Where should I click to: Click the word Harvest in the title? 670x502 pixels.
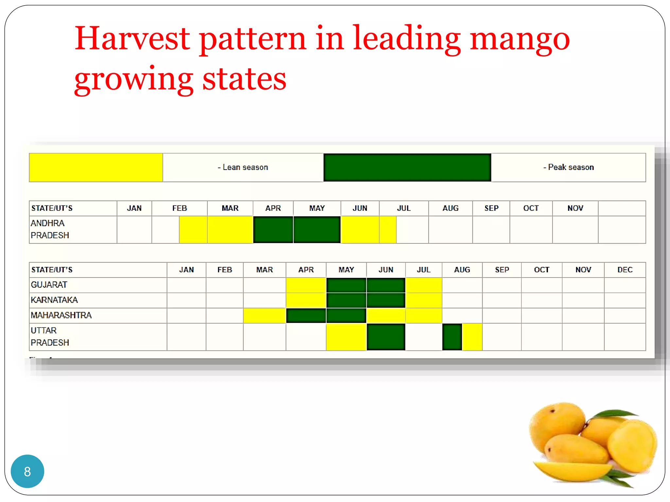(x=132, y=39)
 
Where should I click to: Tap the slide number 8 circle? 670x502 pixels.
(x=27, y=471)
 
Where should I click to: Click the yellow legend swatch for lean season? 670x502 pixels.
(x=96, y=167)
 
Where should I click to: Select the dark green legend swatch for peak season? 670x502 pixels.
(x=407, y=167)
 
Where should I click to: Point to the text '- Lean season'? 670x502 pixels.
(x=243, y=167)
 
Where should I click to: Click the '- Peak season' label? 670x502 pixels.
(x=569, y=167)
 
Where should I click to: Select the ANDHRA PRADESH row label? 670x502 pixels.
(x=50, y=229)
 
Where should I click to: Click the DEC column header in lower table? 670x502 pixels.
(x=625, y=270)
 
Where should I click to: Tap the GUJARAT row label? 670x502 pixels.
(x=49, y=285)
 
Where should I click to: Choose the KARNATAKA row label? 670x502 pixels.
(x=54, y=300)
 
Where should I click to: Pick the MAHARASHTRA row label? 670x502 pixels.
(x=61, y=315)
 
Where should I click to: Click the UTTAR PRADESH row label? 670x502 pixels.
(x=50, y=336)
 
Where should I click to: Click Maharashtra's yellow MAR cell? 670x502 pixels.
(x=264, y=315)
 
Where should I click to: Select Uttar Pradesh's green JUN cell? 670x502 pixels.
(x=386, y=337)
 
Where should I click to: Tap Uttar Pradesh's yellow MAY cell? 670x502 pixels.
(x=346, y=337)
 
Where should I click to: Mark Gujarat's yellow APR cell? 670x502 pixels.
(x=306, y=285)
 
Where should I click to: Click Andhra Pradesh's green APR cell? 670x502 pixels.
(x=273, y=229)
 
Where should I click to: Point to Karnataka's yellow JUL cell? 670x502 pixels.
(x=424, y=300)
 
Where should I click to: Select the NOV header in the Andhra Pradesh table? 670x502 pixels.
(x=575, y=208)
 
